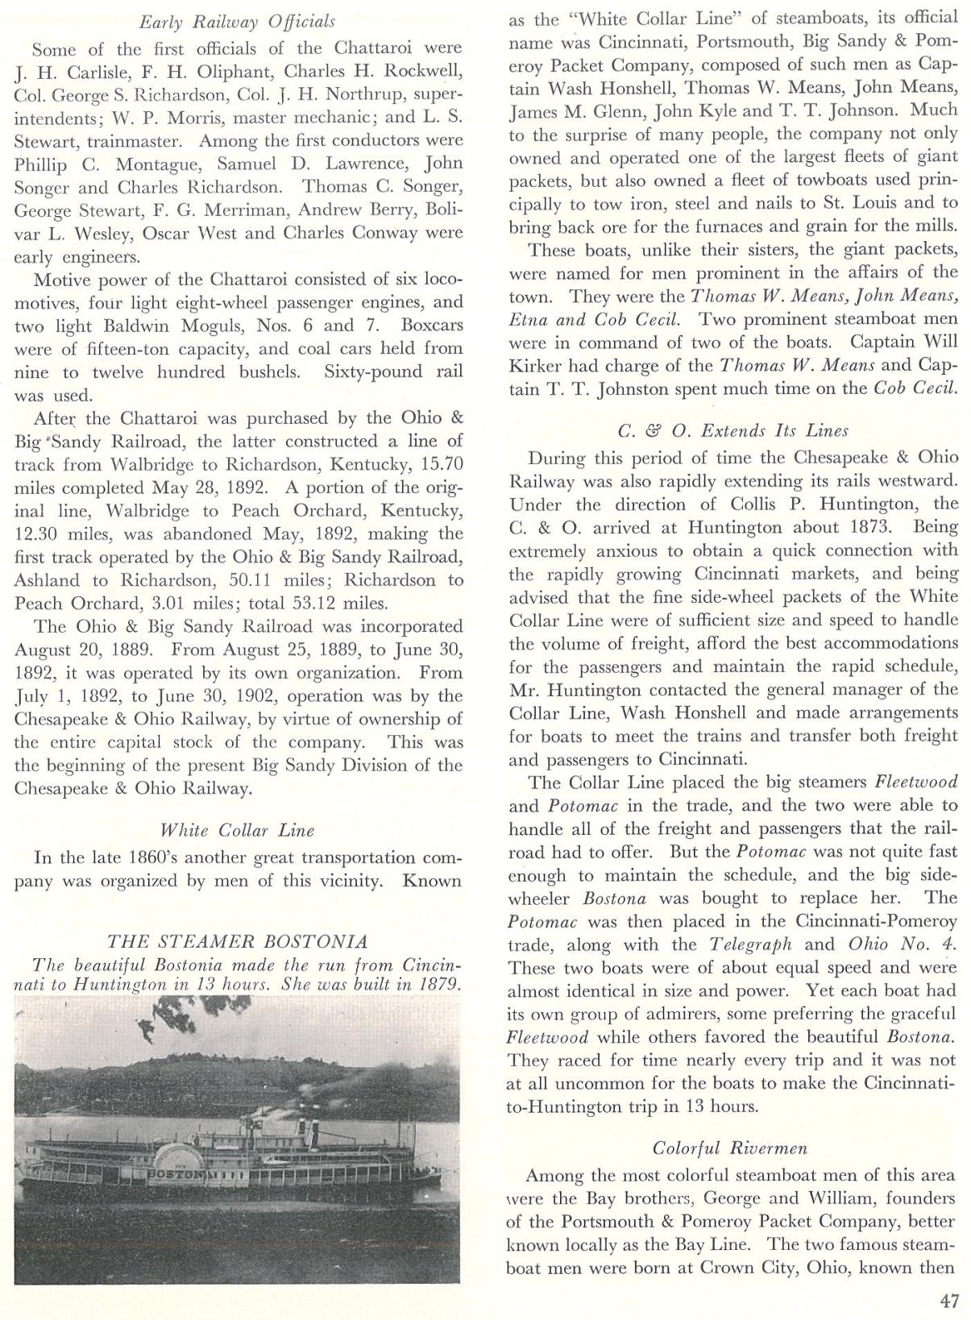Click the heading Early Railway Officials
237,22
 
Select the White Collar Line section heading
237,830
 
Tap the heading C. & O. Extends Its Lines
732,430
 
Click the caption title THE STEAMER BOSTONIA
237,941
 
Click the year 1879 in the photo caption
438,984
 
